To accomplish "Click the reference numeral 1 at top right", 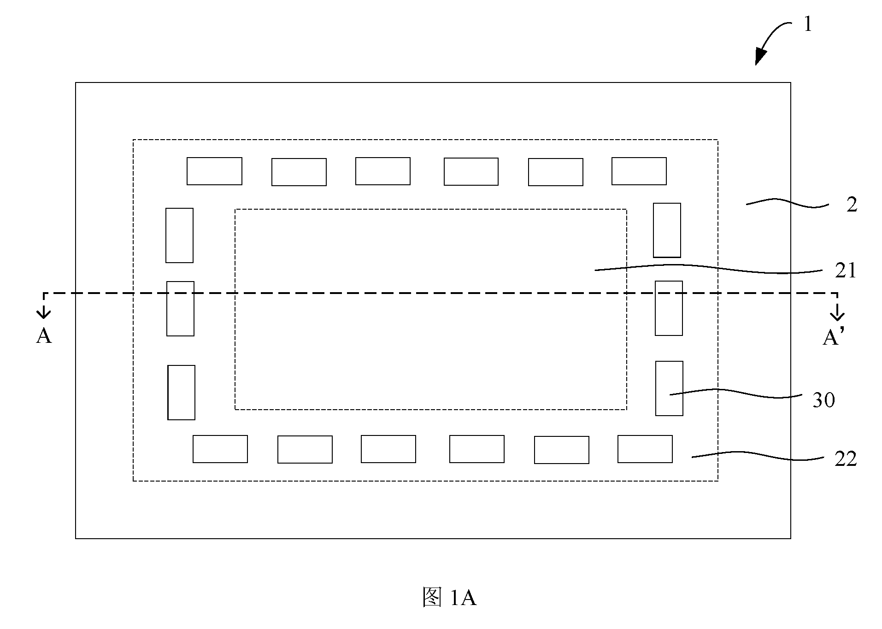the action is [807, 24].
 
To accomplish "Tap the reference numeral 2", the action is [852, 205].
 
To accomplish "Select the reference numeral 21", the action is [846, 271].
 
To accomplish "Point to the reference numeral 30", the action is [823, 400].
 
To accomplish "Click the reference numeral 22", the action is [846, 459].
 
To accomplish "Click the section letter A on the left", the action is [44, 336].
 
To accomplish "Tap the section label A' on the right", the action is [834, 337].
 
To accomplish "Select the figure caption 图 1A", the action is [449, 598].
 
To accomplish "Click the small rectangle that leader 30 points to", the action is [669, 388].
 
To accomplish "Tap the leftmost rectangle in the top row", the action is [214, 171].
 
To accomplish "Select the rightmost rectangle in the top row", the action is [639, 171].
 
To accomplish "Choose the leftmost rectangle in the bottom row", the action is [220, 449].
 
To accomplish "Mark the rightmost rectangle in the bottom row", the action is [645, 449].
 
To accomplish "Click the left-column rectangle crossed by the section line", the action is [180, 309].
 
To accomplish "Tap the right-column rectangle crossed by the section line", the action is [669, 308].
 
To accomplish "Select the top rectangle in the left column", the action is [179, 235].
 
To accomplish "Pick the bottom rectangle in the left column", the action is [181, 393].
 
